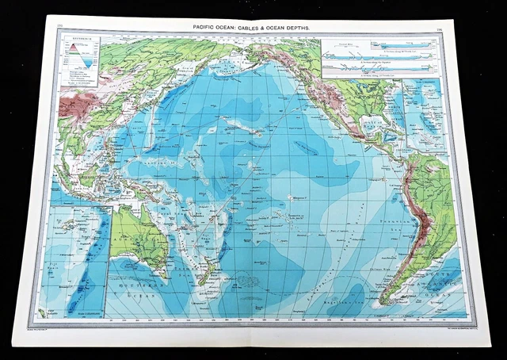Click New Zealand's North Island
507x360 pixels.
click(213, 261)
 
